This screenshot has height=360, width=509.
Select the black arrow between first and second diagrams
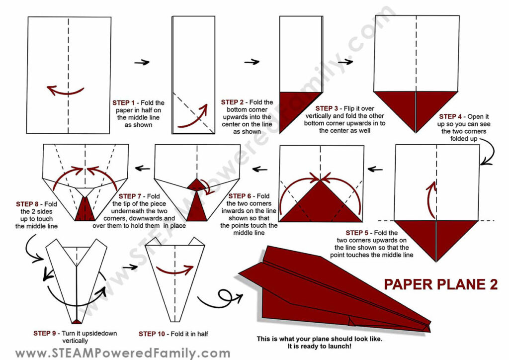click(x=142, y=62)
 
